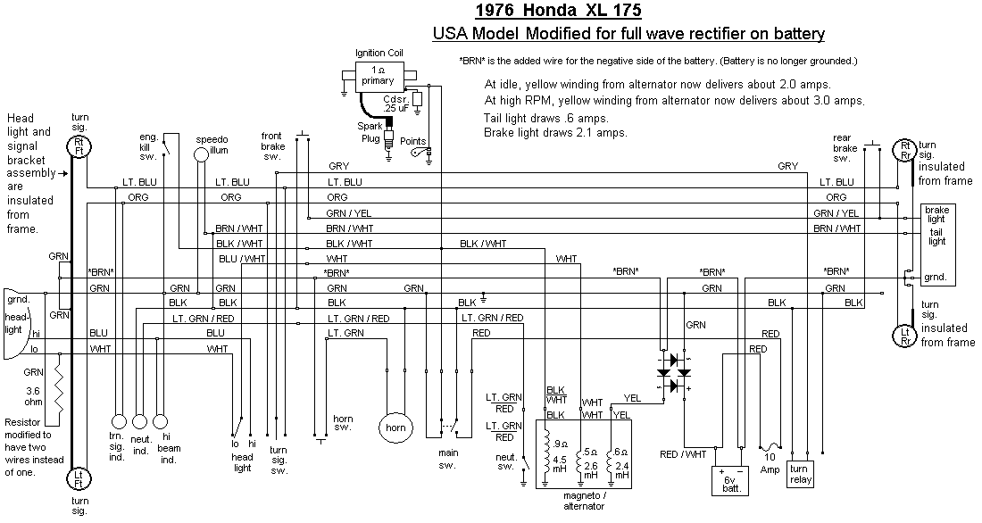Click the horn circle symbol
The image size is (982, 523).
coord(395,427)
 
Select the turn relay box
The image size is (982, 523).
coord(799,474)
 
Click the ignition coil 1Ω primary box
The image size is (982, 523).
coord(378,75)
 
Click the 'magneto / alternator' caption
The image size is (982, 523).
coord(584,501)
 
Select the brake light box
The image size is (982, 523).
coord(936,214)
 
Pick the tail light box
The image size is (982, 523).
coord(936,237)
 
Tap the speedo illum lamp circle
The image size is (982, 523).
coord(202,154)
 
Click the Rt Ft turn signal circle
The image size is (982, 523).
coord(79,146)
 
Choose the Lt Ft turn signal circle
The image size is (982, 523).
coord(79,479)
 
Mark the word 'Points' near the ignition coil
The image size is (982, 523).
coord(413,141)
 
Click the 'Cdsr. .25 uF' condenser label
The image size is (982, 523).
coord(395,103)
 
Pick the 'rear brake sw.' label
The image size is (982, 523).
coord(844,148)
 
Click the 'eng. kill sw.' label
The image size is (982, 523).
coord(173,145)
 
